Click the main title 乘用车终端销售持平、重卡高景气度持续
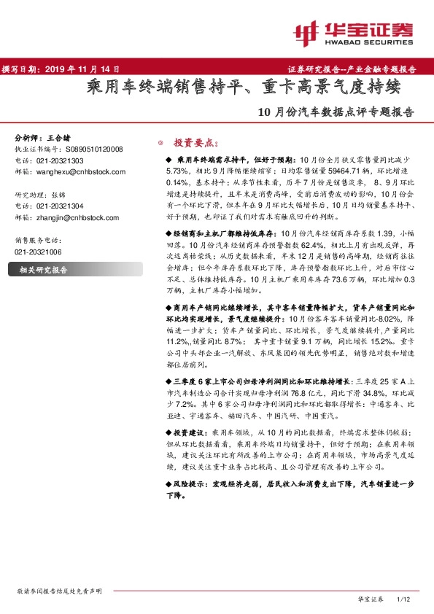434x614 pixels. tap(244, 90)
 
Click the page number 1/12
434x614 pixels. tap(403, 599)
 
